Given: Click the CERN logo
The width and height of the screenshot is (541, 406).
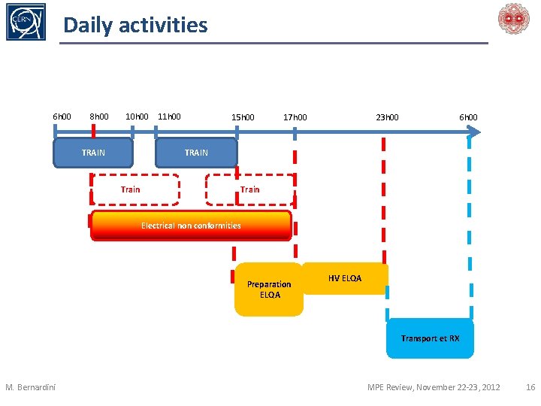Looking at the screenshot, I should point(26,22).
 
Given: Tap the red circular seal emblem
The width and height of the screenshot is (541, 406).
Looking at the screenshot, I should point(514,18).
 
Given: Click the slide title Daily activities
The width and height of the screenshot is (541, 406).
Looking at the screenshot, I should point(135,25).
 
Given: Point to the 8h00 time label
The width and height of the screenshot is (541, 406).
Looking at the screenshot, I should point(99,117).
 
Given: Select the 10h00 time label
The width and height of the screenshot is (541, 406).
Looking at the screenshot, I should point(137,117).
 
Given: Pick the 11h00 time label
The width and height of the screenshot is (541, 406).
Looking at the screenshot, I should point(170,117).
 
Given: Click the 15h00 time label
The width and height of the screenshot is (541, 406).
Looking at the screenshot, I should point(243,117).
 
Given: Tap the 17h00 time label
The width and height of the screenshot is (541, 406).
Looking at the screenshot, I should point(295,117).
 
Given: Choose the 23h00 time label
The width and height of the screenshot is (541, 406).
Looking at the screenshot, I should point(388,117).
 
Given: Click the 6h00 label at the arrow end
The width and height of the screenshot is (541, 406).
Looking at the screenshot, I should point(468,117).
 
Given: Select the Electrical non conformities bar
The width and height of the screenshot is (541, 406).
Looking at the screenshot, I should point(191,226).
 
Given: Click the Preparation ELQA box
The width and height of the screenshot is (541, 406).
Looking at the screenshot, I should point(269,289).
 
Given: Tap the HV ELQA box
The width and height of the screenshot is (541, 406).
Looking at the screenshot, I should point(345,279).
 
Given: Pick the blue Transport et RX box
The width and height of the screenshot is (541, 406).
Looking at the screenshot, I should point(430,338).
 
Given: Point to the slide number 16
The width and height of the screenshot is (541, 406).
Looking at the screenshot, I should point(530,387).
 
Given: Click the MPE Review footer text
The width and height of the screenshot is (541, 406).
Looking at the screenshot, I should point(434,387).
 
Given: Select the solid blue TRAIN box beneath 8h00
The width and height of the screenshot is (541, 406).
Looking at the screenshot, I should point(93,153).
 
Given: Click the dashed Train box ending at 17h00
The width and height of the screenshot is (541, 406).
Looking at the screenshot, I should point(249,189).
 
